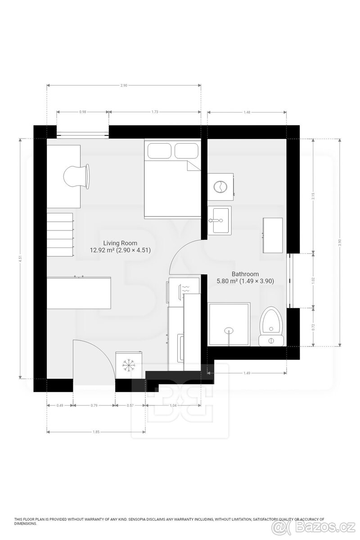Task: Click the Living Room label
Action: tap(120, 243)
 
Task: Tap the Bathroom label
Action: tap(245, 274)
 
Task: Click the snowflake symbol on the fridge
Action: tap(130, 366)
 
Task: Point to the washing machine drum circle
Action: tap(221, 186)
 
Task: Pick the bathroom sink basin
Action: tap(220, 220)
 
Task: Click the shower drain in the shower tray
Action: tap(229, 331)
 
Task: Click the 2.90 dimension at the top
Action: tap(124, 85)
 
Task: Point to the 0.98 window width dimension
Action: tap(82, 112)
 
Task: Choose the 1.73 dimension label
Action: tap(155, 112)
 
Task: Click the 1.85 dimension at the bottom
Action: tap(96, 432)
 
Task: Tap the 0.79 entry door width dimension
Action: tap(94, 405)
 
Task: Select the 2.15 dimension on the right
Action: tap(313, 197)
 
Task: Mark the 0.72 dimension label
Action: tap(313, 328)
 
